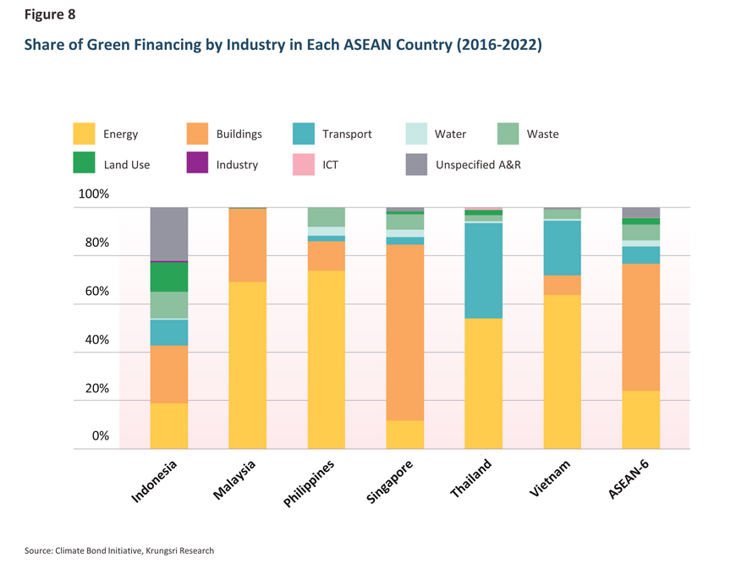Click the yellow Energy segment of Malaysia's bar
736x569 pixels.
(x=248, y=365)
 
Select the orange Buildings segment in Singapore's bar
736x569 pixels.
(x=405, y=332)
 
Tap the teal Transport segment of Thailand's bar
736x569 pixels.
(x=484, y=271)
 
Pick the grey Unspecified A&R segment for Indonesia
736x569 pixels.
(x=169, y=234)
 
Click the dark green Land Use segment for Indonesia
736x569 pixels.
(x=169, y=277)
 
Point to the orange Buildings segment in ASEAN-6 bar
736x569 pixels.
(x=640, y=327)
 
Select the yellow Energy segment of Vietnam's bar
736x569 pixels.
(x=563, y=372)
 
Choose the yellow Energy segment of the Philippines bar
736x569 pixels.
(x=327, y=360)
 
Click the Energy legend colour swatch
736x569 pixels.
(x=84, y=134)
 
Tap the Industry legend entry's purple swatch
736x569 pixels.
(x=197, y=164)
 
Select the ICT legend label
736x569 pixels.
(x=330, y=165)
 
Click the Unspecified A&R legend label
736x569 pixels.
(x=478, y=165)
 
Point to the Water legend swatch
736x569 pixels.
(x=415, y=134)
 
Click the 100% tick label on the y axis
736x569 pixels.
(x=93, y=194)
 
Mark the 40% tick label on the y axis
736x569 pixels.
(x=96, y=341)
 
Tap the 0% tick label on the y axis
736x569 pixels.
(x=100, y=437)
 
